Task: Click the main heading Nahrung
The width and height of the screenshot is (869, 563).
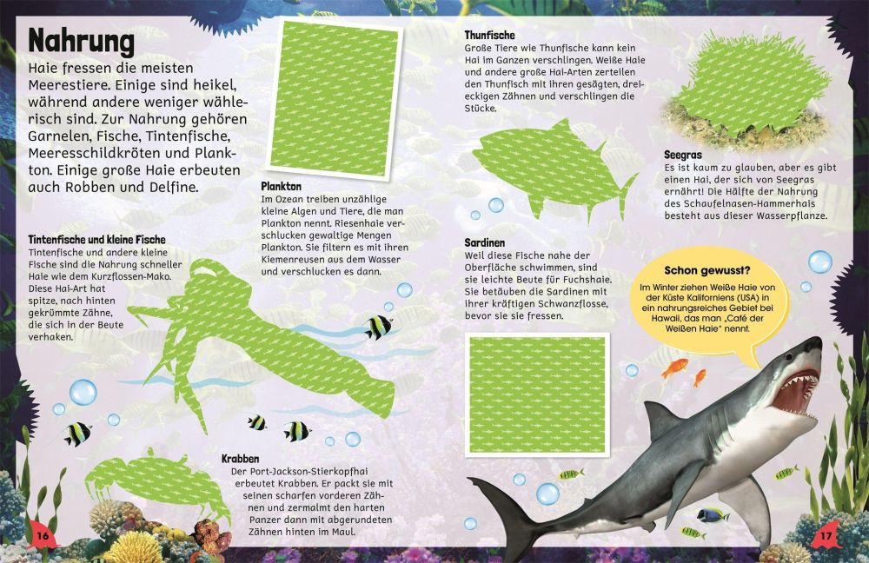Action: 82,41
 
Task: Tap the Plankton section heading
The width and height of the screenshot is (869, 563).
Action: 281,186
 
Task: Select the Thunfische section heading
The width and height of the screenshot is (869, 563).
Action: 489,35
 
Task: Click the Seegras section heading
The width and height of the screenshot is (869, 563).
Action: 683,155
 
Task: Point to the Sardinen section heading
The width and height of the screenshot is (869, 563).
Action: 484,242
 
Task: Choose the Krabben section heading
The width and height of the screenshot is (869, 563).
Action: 240,459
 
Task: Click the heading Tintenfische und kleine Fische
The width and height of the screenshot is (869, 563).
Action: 97,240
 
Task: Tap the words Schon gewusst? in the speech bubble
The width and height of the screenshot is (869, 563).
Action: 707,270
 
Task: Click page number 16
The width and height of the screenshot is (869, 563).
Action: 43,536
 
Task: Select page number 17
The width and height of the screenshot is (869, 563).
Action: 826,536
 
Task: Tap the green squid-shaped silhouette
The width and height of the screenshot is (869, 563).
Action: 255,343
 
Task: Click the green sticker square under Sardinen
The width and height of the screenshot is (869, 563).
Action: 537,394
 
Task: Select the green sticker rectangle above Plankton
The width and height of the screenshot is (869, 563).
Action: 335,98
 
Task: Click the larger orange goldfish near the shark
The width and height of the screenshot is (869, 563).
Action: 675,368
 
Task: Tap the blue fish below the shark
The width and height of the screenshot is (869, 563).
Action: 713,515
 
